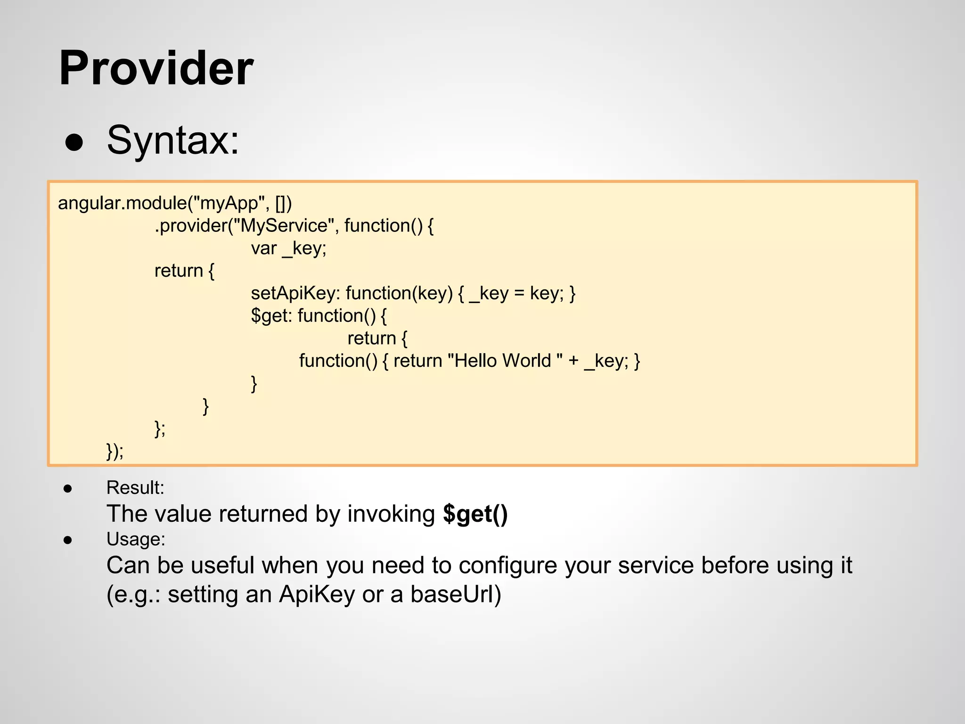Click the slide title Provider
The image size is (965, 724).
[156, 69]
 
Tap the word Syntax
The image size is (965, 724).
[173, 140]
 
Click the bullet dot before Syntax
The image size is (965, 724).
[74, 142]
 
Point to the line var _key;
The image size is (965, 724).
[288, 248]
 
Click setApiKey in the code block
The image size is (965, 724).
[295, 293]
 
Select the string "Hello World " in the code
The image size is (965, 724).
[505, 361]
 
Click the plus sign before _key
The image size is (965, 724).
[573, 361]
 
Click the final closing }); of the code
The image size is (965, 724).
[115, 451]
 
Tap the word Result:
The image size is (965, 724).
[135, 487]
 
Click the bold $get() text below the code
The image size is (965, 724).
[475, 514]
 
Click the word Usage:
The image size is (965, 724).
[136, 539]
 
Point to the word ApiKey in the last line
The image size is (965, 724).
[317, 594]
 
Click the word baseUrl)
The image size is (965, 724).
[456, 594]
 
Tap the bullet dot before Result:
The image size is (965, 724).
[68, 489]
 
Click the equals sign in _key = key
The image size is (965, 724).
[519, 294]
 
